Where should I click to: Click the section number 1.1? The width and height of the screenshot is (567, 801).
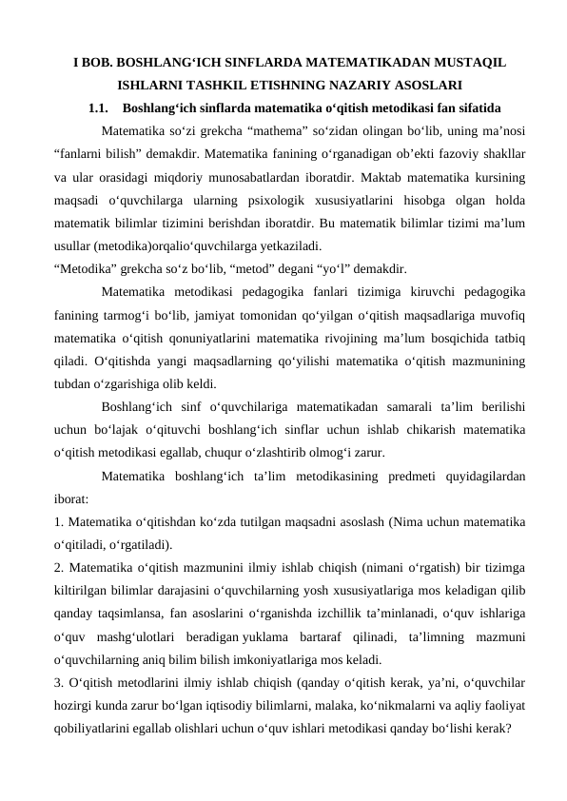[100, 107]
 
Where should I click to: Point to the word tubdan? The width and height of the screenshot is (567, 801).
[73, 384]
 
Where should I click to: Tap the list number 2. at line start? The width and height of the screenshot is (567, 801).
[60, 569]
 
